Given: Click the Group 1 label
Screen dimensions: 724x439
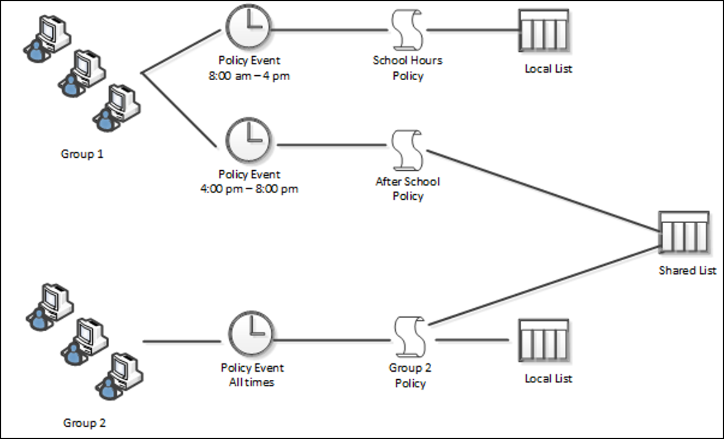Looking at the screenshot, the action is click(x=82, y=154).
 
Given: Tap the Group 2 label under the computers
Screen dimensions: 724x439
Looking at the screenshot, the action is click(x=84, y=422).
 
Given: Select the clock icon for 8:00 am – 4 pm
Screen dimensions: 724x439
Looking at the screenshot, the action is click(x=248, y=27).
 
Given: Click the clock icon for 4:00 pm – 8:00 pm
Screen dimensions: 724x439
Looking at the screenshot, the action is click(x=249, y=140).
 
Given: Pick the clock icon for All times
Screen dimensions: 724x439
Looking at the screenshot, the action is click(x=251, y=334).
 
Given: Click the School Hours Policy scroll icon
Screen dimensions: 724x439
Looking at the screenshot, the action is click(x=407, y=30).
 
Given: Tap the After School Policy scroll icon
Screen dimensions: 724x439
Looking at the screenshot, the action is click(x=407, y=150).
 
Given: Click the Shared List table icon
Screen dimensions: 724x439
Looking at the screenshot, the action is click(x=684, y=232).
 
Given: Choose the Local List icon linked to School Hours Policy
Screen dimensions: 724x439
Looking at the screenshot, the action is click(x=543, y=30).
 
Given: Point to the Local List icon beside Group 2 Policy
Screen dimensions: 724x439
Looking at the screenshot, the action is click(x=543, y=340).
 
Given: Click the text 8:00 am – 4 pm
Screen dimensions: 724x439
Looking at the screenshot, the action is click(x=249, y=76).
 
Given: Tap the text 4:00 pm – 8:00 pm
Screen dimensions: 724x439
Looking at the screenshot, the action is click(x=249, y=189).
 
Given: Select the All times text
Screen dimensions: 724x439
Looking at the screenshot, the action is click(x=252, y=382).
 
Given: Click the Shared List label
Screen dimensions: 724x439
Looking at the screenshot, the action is click(x=688, y=270).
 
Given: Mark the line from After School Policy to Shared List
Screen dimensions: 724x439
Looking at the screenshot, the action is click(x=543, y=190).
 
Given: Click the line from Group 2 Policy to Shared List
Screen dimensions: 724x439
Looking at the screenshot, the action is click(x=543, y=285).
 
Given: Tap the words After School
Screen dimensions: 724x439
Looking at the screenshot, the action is click(x=408, y=181).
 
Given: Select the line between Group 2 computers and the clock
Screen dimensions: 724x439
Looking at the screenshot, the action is click(x=182, y=342).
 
